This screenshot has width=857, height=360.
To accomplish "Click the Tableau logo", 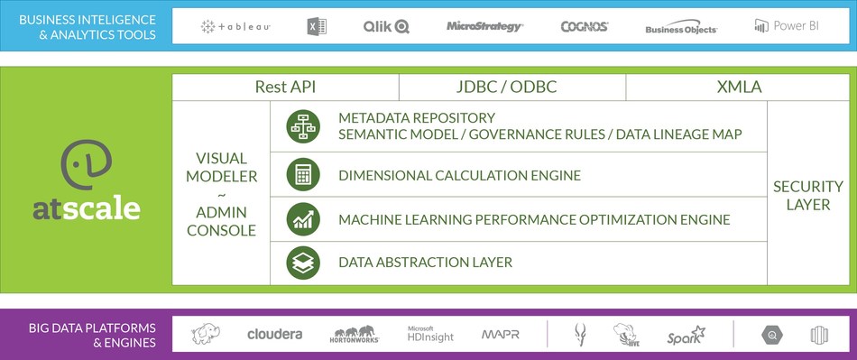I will [x=235, y=27].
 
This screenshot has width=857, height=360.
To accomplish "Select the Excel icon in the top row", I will [x=317, y=27].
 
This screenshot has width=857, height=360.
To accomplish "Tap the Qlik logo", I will [x=386, y=27].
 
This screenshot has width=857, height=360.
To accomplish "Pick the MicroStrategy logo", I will [x=484, y=27].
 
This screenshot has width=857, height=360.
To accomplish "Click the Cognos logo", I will [x=584, y=27].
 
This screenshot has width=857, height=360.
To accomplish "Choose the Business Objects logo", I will [x=681, y=28].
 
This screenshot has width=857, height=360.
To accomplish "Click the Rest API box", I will [x=285, y=88].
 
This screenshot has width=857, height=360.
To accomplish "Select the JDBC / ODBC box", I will [x=511, y=88].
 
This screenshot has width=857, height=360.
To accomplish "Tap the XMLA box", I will [x=739, y=88].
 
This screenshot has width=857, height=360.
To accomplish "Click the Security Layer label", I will [x=807, y=195].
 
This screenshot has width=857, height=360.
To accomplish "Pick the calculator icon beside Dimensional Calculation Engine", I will [x=302, y=175].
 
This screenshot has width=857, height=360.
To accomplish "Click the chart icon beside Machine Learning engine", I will [x=302, y=219].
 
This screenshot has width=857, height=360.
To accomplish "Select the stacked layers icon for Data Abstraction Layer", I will [x=302, y=263].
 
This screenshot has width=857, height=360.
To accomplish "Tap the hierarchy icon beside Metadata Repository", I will [x=302, y=126].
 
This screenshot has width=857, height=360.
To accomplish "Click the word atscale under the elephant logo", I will [x=87, y=209].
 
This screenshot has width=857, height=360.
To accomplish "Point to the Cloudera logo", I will [x=274, y=335].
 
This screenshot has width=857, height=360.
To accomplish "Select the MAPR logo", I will [x=500, y=335].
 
